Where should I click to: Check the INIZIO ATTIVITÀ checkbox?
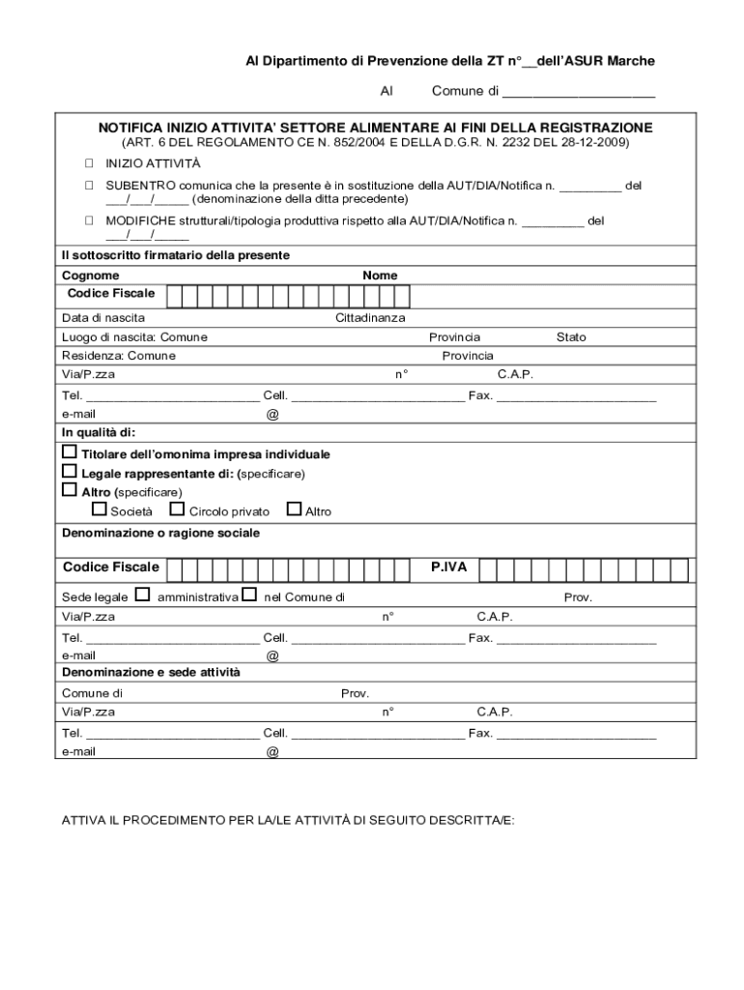[x=88, y=163]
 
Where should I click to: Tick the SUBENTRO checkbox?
[x=88, y=184]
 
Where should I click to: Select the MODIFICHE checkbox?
[x=88, y=220]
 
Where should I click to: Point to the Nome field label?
[x=380, y=276]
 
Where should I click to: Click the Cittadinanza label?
[x=370, y=317]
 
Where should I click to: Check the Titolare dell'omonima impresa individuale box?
[x=70, y=452]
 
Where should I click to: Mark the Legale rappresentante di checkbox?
[x=70, y=472]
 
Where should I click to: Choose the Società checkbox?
[x=99, y=510]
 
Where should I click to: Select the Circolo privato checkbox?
[x=177, y=510]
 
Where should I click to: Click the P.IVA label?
[x=448, y=568]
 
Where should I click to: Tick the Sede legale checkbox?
[x=142, y=595]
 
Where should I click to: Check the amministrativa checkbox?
[x=249, y=595]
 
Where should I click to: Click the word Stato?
[x=570, y=337]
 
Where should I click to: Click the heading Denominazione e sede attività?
[x=151, y=672]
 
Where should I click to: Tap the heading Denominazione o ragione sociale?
[x=160, y=533]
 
